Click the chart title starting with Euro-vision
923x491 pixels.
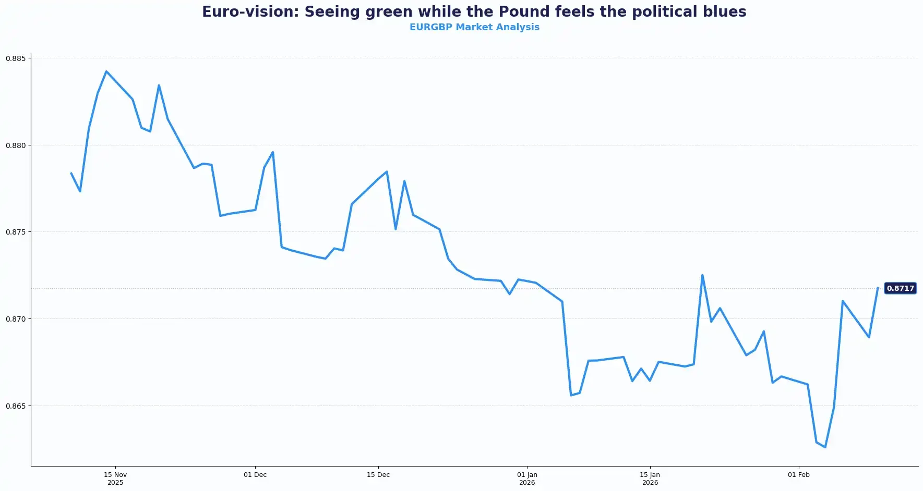pyautogui.click(x=474, y=11)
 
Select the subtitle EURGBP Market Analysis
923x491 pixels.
pyautogui.click(x=474, y=27)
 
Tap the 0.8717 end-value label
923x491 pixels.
pyautogui.click(x=900, y=288)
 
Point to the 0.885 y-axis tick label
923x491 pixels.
pyautogui.click(x=16, y=58)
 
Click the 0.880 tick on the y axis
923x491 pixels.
pyautogui.click(x=16, y=145)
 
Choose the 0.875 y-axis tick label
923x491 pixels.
pyautogui.click(x=16, y=232)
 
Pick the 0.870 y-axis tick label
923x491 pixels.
pyautogui.click(x=16, y=319)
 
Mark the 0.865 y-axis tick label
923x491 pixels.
pyautogui.click(x=16, y=406)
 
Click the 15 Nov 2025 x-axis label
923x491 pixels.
pyautogui.click(x=115, y=478)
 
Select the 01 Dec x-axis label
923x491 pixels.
pyautogui.click(x=255, y=475)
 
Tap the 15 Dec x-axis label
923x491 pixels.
pyautogui.click(x=378, y=475)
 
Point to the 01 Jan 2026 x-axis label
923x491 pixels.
pyautogui.click(x=527, y=478)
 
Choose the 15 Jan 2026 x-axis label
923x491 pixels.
pyautogui.click(x=650, y=478)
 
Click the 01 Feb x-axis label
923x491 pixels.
pyautogui.click(x=799, y=475)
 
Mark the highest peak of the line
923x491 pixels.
pyautogui.click(x=106, y=71)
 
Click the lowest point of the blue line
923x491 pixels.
pyautogui.click(x=825, y=447)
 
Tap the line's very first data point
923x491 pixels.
pyautogui.click(x=71, y=173)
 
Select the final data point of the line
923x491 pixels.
pyautogui.click(x=878, y=288)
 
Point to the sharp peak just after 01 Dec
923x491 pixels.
pyautogui.click(x=273, y=152)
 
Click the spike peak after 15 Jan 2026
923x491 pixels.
pyautogui.click(x=702, y=275)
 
